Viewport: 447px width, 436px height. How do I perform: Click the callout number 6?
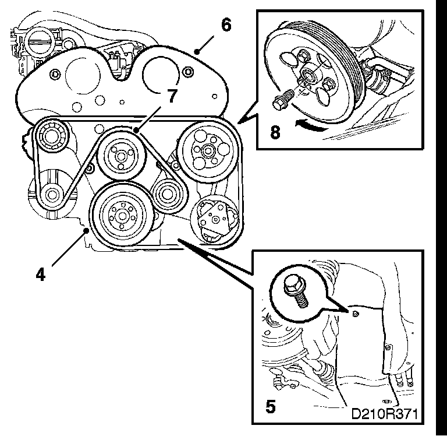click(x=226, y=25)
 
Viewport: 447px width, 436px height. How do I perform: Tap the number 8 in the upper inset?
click(x=275, y=132)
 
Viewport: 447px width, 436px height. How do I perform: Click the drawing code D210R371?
click(x=384, y=414)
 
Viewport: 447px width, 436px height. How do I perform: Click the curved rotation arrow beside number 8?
click(x=308, y=125)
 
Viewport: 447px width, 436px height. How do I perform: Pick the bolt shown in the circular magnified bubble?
click(x=293, y=289)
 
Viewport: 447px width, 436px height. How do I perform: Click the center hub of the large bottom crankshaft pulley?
click(x=121, y=215)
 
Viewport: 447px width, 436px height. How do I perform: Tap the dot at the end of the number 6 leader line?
click(x=198, y=52)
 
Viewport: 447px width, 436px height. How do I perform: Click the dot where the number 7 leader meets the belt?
click(x=135, y=129)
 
